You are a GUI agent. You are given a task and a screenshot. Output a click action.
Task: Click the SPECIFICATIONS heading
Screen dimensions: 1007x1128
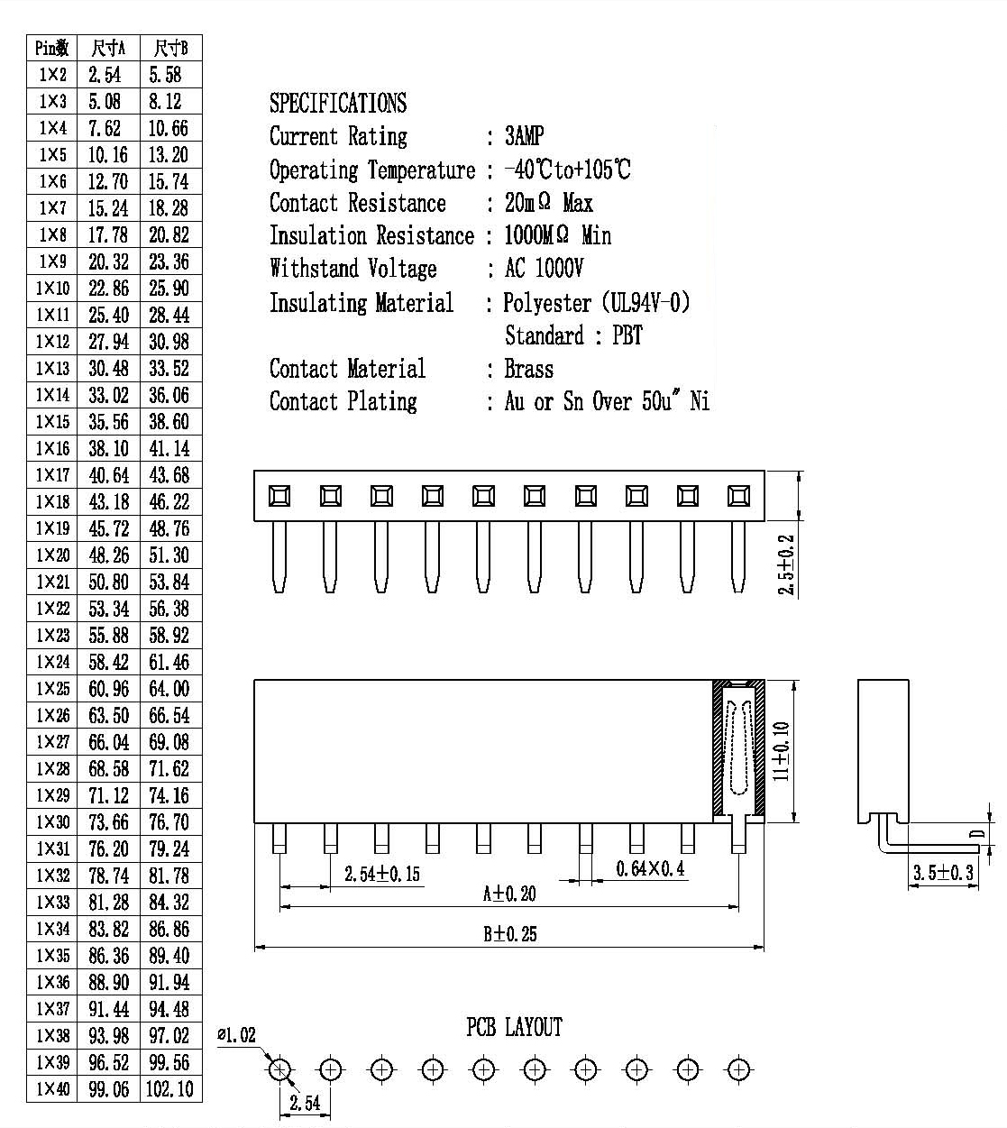click(x=338, y=104)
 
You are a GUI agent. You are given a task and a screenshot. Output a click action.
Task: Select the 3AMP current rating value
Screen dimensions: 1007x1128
click(x=525, y=136)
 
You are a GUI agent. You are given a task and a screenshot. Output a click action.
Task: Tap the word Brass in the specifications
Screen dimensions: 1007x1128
click(x=529, y=369)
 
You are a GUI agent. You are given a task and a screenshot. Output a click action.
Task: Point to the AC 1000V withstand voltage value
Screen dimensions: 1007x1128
click(x=544, y=269)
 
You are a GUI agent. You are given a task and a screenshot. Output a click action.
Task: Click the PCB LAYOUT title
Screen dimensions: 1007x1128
click(x=515, y=1027)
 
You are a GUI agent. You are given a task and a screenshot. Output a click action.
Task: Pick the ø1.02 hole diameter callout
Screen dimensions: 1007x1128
click(x=236, y=1035)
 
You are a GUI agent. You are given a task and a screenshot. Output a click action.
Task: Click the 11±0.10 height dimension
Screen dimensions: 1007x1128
click(x=781, y=751)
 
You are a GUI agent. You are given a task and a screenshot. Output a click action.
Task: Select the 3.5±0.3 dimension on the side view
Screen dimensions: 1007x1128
click(x=943, y=873)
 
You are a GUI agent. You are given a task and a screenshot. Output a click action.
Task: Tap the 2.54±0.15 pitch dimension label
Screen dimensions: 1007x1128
click(x=382, y=874)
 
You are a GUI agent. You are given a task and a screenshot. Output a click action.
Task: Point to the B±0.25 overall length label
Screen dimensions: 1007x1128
click(x=510, y=934)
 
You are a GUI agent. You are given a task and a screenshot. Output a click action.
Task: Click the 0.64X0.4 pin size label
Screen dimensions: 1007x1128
click(x=650, y=868)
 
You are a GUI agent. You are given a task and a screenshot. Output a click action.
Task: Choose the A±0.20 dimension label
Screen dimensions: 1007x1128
click(x=509, y=894)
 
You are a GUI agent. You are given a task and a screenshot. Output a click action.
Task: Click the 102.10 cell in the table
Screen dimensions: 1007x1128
click(x=169, y=1088)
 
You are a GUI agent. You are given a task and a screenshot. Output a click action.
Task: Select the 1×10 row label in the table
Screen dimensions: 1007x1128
click(x=53, y=289)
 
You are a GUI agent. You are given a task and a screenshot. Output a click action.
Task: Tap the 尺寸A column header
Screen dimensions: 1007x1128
click(x=108, y=49)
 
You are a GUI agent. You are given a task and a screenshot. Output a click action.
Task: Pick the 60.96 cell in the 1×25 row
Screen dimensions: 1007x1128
click(x=108, y=689)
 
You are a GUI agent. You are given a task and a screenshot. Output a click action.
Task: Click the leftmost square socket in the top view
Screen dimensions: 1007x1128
click(x=279, y=496)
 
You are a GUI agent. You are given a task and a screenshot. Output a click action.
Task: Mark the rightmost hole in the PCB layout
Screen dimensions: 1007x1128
click(x=738, y=1069)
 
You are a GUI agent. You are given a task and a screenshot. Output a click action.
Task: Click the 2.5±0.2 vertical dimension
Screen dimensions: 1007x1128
click(x=785, y=564)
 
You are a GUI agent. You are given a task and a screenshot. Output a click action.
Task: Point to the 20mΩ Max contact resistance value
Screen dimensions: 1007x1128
click(x=549, y=203)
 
